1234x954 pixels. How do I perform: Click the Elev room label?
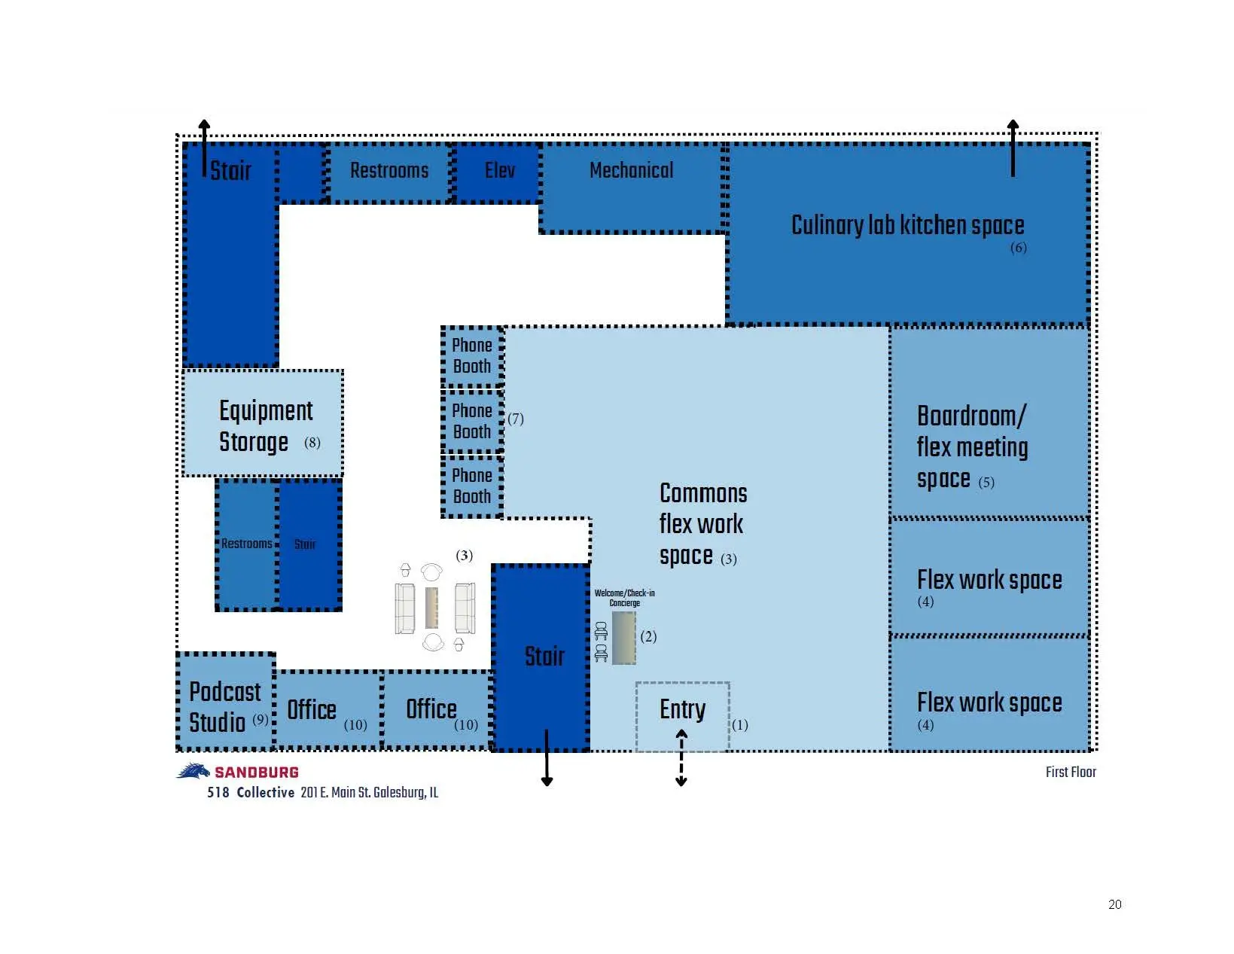pos(500,169)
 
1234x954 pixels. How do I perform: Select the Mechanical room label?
pos(631,169)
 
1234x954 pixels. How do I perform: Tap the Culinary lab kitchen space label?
pos(907,225)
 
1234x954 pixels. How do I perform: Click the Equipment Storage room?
pos(263,423)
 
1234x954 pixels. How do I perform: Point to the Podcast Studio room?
pos(226,701)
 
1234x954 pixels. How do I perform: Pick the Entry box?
pos(682,716)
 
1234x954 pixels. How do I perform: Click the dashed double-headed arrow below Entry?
pos(681,757)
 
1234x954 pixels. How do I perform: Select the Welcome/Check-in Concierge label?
pos(624,597)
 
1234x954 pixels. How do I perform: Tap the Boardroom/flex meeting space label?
pos(972,447)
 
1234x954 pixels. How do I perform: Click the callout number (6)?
pos(1018,248)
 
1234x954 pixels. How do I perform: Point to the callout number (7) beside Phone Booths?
pos(515,419)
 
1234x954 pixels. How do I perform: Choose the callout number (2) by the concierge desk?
pos(648,636)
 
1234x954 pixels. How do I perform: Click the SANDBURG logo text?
pos(257,773)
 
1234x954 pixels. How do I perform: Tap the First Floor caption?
pos(1071,772)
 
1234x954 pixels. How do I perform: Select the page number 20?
pos(1114,904)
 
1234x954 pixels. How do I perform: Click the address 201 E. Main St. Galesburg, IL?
pos(369,792)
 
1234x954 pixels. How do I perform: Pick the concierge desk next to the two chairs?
pos(623,638)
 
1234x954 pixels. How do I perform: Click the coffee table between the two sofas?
pos(431,608)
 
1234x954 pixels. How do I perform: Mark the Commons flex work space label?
pos(703,524)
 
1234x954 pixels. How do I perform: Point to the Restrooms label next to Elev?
pos(389,169)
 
